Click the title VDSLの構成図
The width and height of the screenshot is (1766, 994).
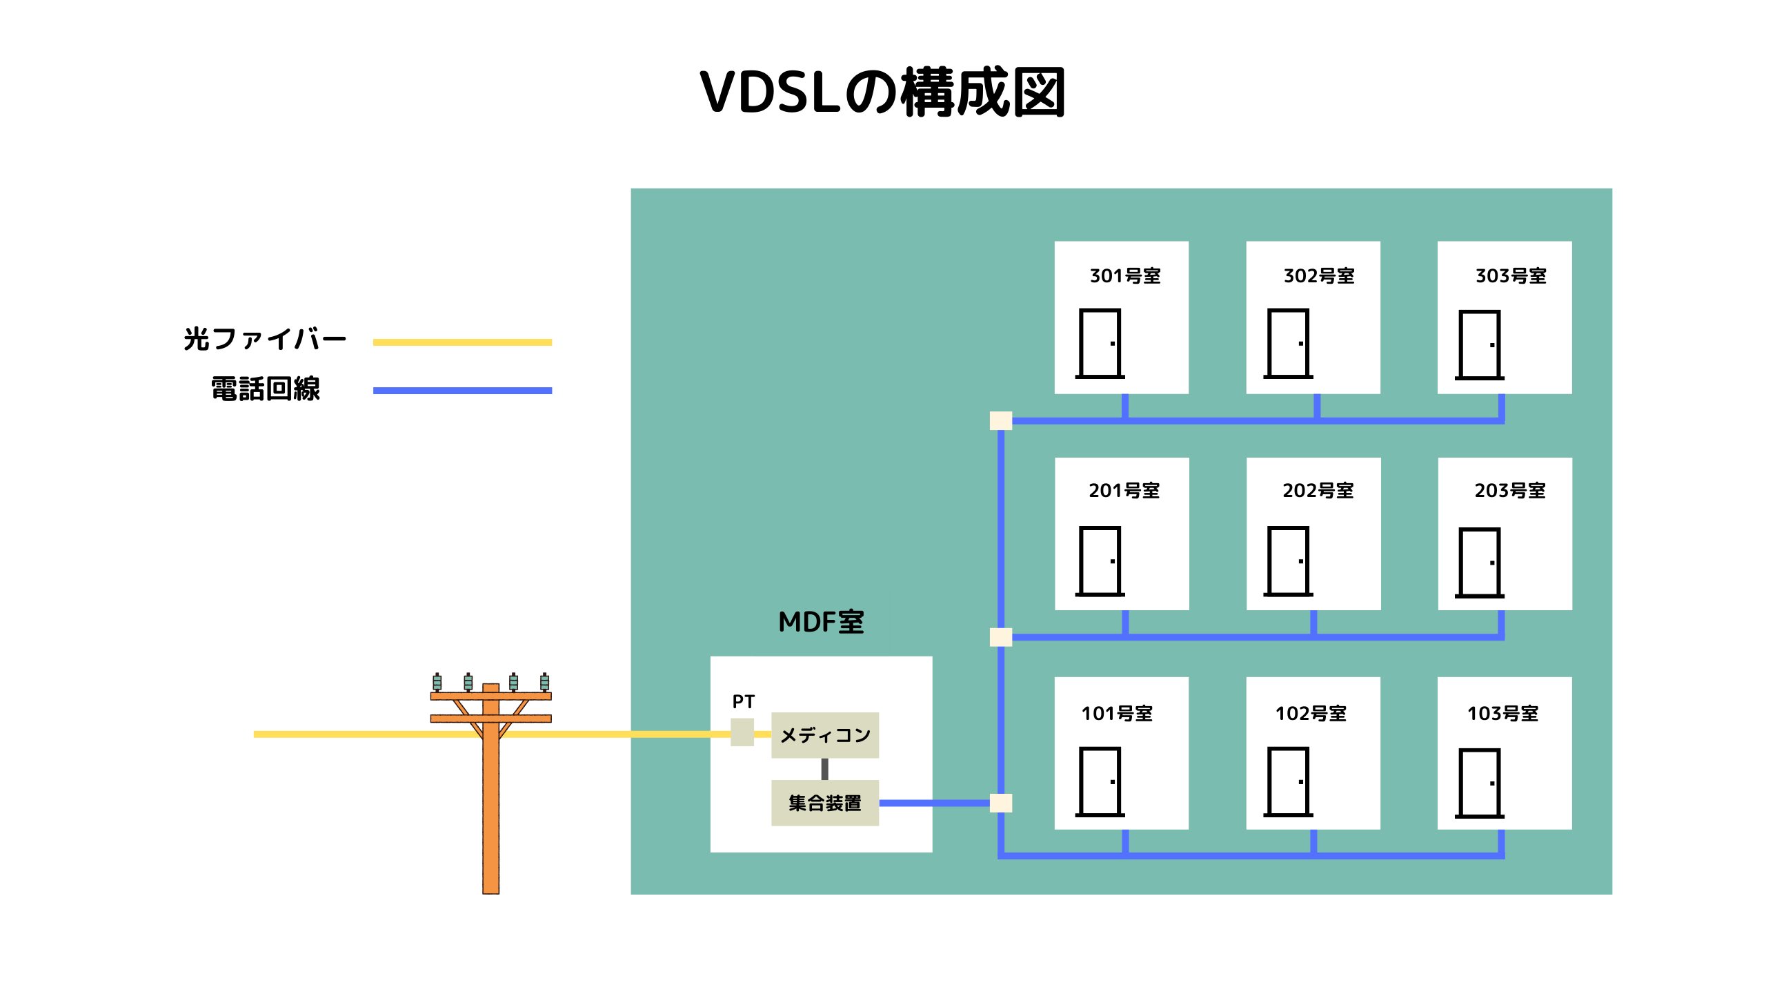click(882, 93)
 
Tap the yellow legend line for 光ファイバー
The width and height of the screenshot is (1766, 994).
click(462, 342)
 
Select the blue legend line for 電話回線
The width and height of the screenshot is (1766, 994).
click(462, 391)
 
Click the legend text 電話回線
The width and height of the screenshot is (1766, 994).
click(266, 389)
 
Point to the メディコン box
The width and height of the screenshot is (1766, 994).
click(824, 735)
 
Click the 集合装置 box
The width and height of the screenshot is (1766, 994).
click(824, 803)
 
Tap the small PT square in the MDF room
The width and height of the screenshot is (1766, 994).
click(742, 732)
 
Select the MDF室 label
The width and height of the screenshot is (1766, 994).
click(821, 622)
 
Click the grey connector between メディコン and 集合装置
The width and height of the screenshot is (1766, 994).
click(824, 769)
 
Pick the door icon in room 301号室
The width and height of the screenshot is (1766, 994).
click(1100, 343)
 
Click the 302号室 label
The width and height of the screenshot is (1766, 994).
click(1319, 276)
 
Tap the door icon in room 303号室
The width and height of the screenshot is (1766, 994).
click(1480, 344)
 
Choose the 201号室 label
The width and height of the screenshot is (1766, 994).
click(1124, 491)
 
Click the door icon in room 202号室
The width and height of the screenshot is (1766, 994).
click(1288, 561)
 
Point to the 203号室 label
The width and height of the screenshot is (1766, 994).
click(1510, 491)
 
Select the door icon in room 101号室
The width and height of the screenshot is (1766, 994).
click(1100, 781)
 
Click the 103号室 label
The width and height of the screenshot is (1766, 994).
click(1503, 714)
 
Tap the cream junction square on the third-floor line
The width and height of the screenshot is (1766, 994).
click(1001, 420)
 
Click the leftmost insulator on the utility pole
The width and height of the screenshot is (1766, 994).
click(437, 682)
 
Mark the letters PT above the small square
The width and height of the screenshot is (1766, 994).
click(744, 701)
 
